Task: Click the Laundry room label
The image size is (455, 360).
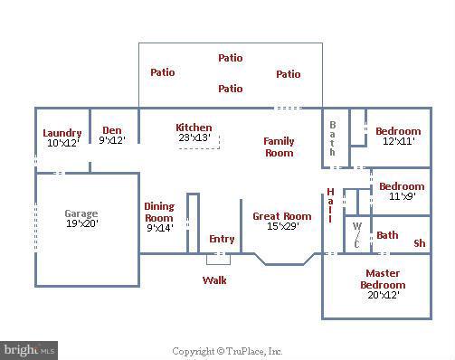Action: [62, 133]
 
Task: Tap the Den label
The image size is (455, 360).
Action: [112, 129]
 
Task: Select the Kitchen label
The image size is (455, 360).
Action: [194, 128]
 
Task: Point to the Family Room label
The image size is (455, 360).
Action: [279, 147]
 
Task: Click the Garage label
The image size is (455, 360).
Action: [81, 214]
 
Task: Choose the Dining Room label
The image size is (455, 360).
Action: [159, 212]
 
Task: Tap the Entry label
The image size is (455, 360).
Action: [222, 239]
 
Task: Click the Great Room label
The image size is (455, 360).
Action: [282, 216]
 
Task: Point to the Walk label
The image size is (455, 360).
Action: [214, 279]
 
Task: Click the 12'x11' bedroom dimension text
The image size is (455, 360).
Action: [399, 142]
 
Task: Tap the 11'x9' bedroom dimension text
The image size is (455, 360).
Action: [401, 196]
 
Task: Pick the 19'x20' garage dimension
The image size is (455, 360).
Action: [81, 223]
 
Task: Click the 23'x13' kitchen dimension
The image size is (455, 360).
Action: [194, 137]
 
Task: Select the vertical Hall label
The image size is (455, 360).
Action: [330, 205]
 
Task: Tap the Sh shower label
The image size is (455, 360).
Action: [419, 242]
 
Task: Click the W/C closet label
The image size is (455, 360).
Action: [356, 234]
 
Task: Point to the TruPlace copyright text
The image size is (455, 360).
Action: [227, 351]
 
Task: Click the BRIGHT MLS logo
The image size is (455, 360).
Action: [30, 349]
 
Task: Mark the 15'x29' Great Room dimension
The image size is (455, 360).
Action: [282, 226]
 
